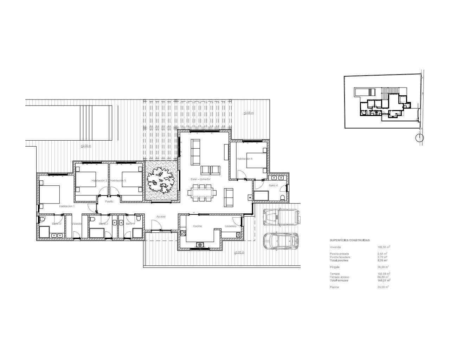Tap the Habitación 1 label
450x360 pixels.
67,206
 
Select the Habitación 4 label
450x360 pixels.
245,159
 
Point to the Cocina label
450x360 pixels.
197,226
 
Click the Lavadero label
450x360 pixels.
230,226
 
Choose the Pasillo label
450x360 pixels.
109,201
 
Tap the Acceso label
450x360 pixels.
161,217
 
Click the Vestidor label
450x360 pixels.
77,224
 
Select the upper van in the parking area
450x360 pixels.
282,217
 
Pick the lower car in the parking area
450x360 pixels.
281,241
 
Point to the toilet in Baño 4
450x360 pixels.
283,197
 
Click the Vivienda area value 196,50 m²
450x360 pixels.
384,247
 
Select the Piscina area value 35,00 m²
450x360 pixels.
383,287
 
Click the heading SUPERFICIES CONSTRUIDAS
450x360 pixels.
349,240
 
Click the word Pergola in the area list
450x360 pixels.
335,267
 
